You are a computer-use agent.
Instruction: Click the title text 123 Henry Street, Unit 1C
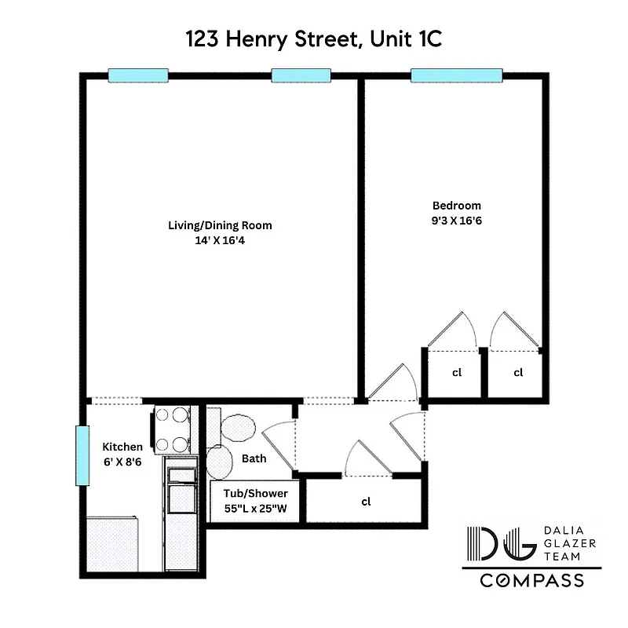[313, 39]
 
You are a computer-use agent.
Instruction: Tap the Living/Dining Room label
[220, 225]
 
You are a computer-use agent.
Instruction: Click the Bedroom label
[457, 206]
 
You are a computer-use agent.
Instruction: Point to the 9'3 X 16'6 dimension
[457, 221]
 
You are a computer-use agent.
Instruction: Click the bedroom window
[456, 75]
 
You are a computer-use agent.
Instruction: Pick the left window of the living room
[138, 75]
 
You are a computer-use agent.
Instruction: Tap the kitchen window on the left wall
[81, 455]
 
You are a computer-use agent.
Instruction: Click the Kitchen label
[122, 447]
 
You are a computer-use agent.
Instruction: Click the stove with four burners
[173, 429]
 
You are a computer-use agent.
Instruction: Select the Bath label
[254, 458]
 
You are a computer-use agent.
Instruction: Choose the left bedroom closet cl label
[456, 373]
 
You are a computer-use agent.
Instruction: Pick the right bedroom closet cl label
[518, 373]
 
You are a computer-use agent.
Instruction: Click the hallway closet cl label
[366, 501]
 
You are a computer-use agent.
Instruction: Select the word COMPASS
[531, 582]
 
